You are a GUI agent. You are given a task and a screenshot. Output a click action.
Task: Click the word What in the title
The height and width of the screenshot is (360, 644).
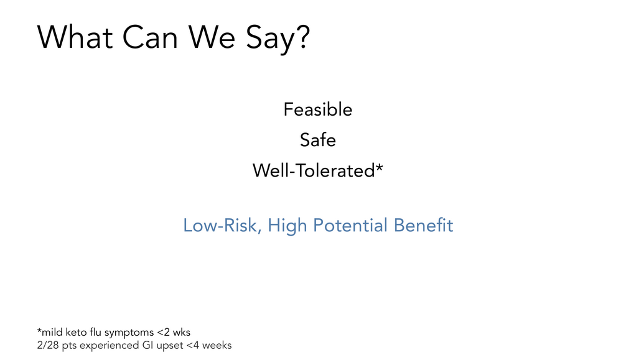coord(75,37)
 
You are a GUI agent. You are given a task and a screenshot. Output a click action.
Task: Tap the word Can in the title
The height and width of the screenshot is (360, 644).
coord(151,37)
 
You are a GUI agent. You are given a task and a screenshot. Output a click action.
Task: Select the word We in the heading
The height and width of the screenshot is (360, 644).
coord(212,37)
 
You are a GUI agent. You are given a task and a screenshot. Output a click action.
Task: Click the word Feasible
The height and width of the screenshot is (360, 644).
coord(318,109)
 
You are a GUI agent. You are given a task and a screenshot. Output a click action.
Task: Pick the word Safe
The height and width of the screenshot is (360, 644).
coord(318,140)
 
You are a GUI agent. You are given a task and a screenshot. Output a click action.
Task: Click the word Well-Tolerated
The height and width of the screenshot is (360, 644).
coord(314,170)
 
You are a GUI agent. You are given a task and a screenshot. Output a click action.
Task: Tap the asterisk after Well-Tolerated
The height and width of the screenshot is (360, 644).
coord(379,167)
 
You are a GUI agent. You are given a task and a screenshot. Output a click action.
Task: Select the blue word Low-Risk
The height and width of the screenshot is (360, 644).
coord(222,225)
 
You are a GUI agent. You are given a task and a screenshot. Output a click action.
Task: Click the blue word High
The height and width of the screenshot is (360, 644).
coord(287,225)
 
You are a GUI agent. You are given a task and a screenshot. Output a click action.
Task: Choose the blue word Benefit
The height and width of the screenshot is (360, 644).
coord(423,225)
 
